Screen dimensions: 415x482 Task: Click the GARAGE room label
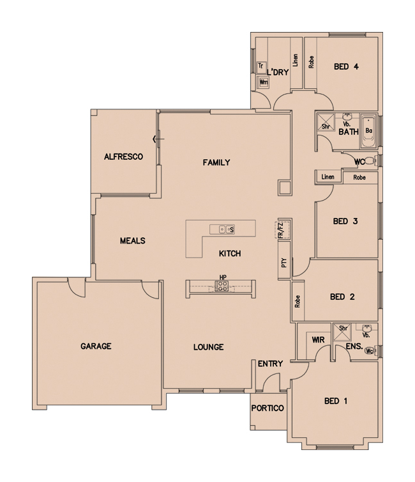96,346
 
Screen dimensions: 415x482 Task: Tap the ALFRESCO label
123,157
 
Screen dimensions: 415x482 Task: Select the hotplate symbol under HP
222,286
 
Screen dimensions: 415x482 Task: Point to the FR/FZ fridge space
283,229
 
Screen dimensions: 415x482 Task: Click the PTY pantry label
284,263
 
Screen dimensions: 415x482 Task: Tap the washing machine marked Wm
264,82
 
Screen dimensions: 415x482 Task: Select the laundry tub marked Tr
261,66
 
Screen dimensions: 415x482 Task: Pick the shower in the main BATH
326,122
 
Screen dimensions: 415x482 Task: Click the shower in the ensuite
342,332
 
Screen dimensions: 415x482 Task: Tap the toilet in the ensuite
370,351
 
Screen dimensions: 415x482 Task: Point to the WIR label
318,340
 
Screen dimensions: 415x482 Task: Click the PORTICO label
268,408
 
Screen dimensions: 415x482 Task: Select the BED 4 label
346,66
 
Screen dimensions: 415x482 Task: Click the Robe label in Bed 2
297,302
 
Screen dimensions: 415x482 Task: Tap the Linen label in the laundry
295,61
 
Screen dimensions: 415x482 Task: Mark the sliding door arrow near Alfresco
158,139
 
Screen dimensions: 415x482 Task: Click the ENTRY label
270,364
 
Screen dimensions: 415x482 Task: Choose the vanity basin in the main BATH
347,117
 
